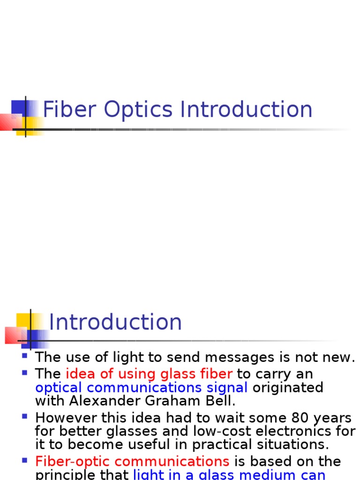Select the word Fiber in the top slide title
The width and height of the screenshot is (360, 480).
pos(70,110)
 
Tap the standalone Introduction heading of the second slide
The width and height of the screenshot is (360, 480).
pos(115,322)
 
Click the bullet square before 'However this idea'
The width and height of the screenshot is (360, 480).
pos(25,415)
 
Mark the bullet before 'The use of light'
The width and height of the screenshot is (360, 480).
pos(25,355)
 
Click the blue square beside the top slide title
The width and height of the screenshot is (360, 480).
pos(19,107)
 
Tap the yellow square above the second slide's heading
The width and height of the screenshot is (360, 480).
pos(23,321)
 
